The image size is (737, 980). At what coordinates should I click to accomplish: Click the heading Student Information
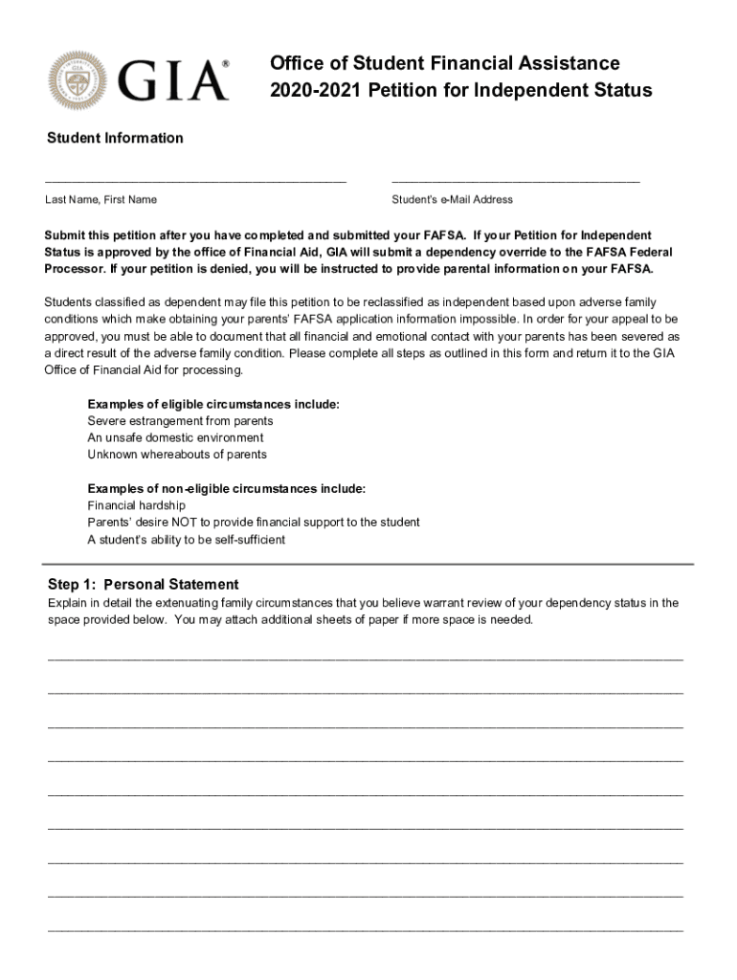tap(115, 138)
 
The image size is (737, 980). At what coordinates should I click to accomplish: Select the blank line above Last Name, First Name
tap(195, 179)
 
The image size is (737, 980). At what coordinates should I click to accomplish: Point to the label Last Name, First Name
tap(100, 200)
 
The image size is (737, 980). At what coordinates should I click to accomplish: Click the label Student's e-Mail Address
tap(452, 200)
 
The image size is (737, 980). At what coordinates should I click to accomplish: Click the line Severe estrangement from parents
tap(180, 421)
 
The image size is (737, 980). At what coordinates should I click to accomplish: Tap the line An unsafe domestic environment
tap(175, 437)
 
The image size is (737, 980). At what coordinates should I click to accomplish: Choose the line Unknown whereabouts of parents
tap(177, 455)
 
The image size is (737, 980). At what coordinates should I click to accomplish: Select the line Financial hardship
tap(136, 505)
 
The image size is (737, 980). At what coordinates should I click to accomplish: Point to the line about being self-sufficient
tap(186, 540)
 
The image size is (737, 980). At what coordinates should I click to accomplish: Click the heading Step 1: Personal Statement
tap(143, 585)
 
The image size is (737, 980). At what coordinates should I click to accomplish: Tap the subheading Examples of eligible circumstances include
tap(212, 405)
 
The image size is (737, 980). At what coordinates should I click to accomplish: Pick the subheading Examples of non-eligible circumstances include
tap(226, 489)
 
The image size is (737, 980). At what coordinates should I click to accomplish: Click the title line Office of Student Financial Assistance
tap(444, 63)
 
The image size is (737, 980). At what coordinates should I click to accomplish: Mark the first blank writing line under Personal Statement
tap(365, 659)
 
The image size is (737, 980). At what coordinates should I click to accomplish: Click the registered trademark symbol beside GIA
tap(226, 63)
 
